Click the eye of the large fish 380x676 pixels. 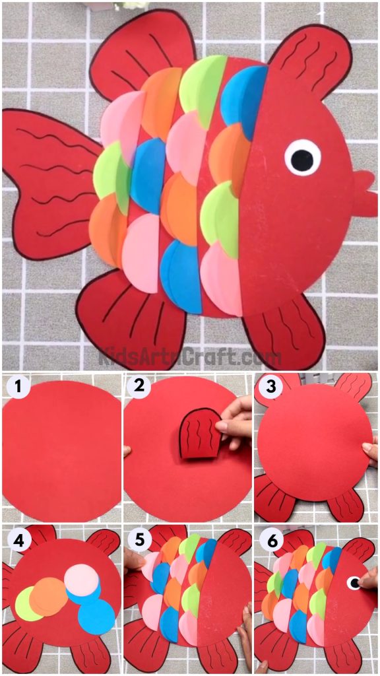tap(303, 158)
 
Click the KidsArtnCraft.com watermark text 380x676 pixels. tap(190, 357)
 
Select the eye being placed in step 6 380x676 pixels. tap(355, 582)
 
